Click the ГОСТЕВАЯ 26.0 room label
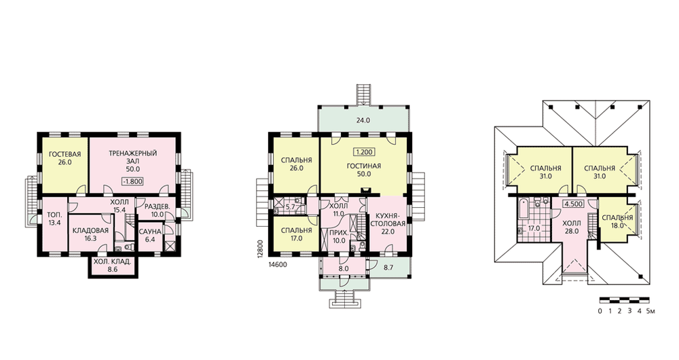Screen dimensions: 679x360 point(65,158)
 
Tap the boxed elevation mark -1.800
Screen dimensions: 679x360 point(132,181)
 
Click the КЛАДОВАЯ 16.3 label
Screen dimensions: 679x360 point(90,234)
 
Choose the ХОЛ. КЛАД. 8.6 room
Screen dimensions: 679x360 point(113,265)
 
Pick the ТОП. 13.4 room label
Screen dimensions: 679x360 point(54,219)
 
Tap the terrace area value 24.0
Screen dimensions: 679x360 point(363,121)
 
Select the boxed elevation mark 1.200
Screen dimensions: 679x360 point(364,152)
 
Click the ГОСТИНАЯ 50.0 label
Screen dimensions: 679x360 point(364,170)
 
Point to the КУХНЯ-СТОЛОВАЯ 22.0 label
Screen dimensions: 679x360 point(388,223)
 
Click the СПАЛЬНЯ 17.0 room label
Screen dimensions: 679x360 point(296,234)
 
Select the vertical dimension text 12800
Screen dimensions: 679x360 point(260,249)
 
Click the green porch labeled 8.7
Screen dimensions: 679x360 point(388,268)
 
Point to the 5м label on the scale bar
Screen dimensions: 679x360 point(651,310)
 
